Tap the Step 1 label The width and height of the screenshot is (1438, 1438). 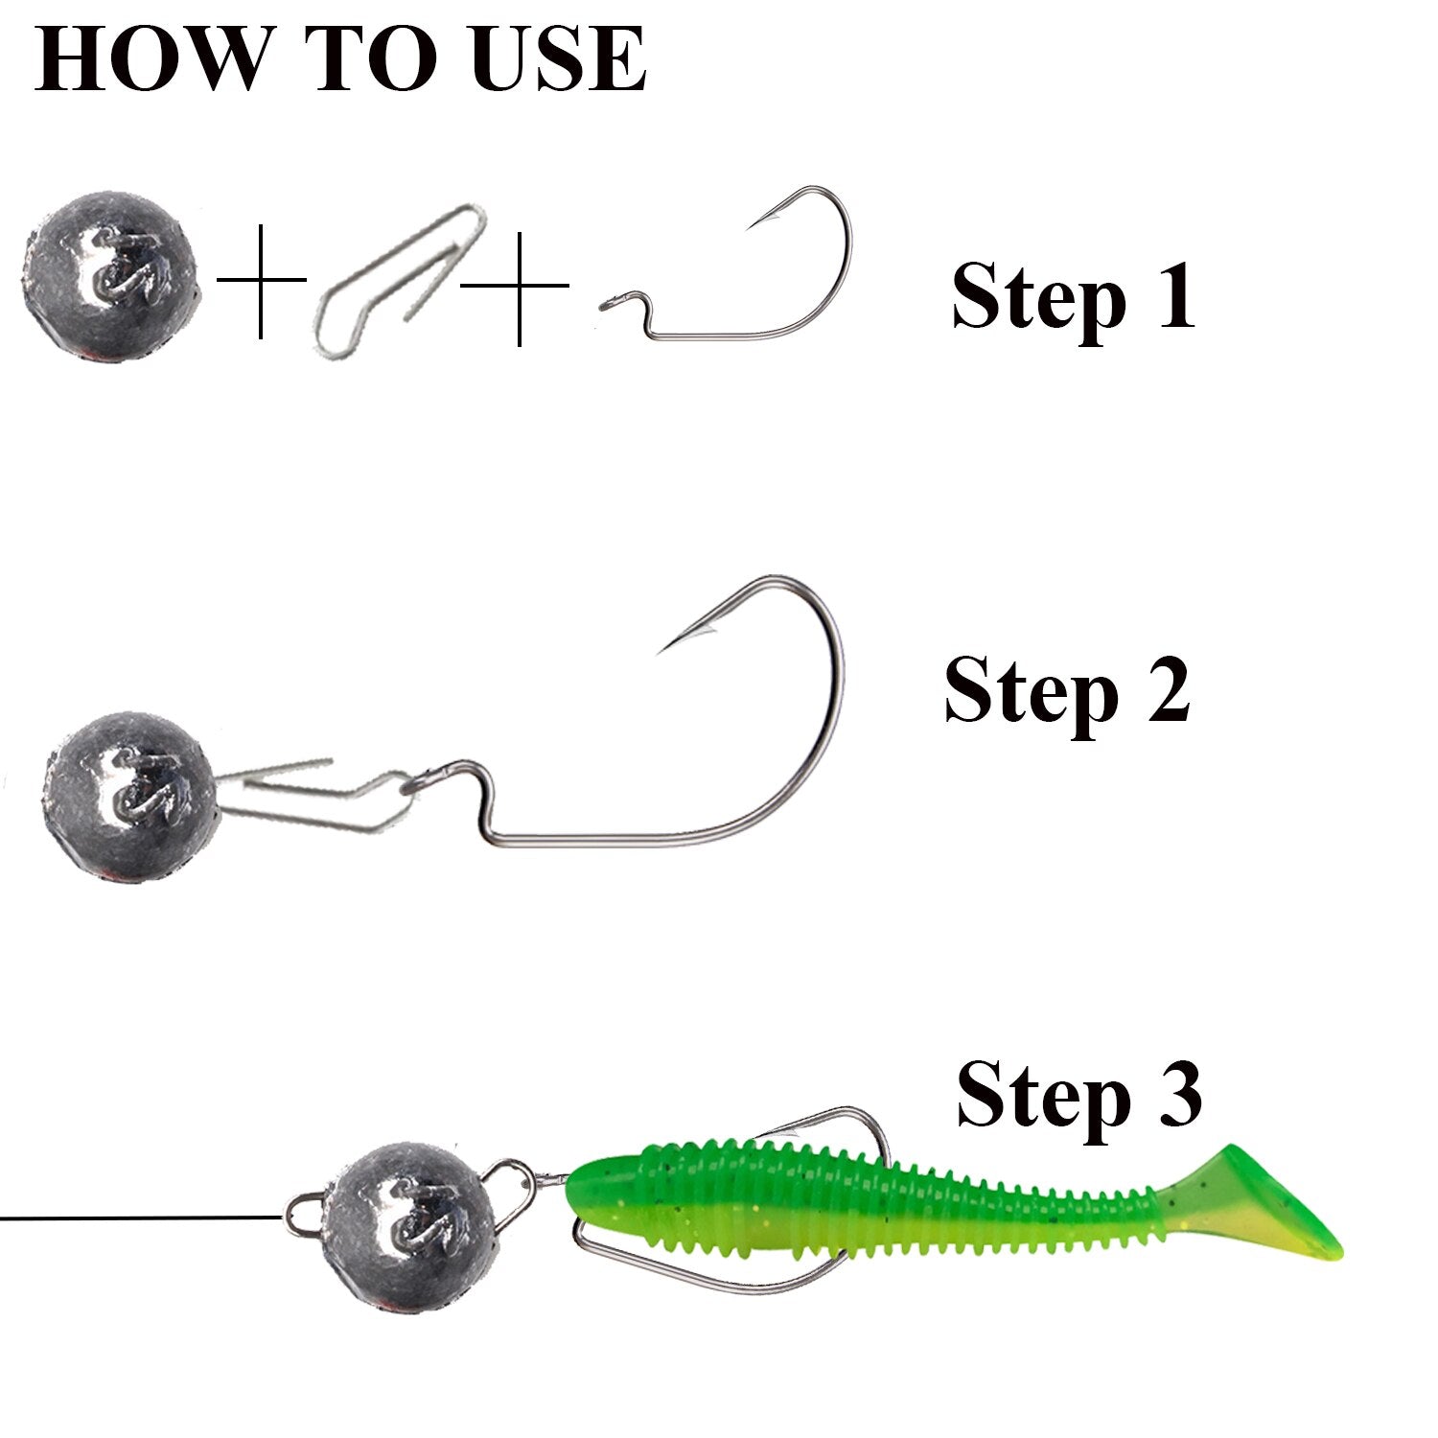(1074, 297)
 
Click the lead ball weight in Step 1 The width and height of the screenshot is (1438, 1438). (113, 276)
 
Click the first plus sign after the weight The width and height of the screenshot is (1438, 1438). (261, 280)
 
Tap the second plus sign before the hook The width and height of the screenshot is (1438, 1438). (518, 286)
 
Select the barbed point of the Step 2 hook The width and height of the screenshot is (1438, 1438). (671, 640)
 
